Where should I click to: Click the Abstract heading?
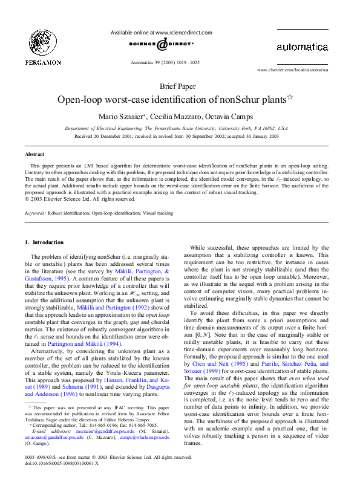point(34,155)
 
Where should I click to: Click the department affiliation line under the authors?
point(176,129)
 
